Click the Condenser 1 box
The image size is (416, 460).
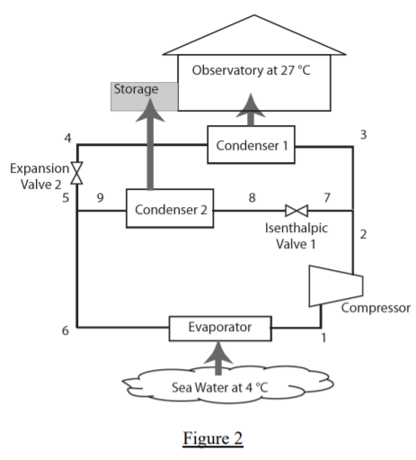click(251, 145)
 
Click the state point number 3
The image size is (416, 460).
click(363, 134)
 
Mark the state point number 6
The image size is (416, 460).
click(65, 331)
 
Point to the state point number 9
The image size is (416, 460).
click(101, 194)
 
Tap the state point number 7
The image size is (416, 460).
click(327, 194)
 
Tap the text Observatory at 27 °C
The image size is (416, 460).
click(258, 70)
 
